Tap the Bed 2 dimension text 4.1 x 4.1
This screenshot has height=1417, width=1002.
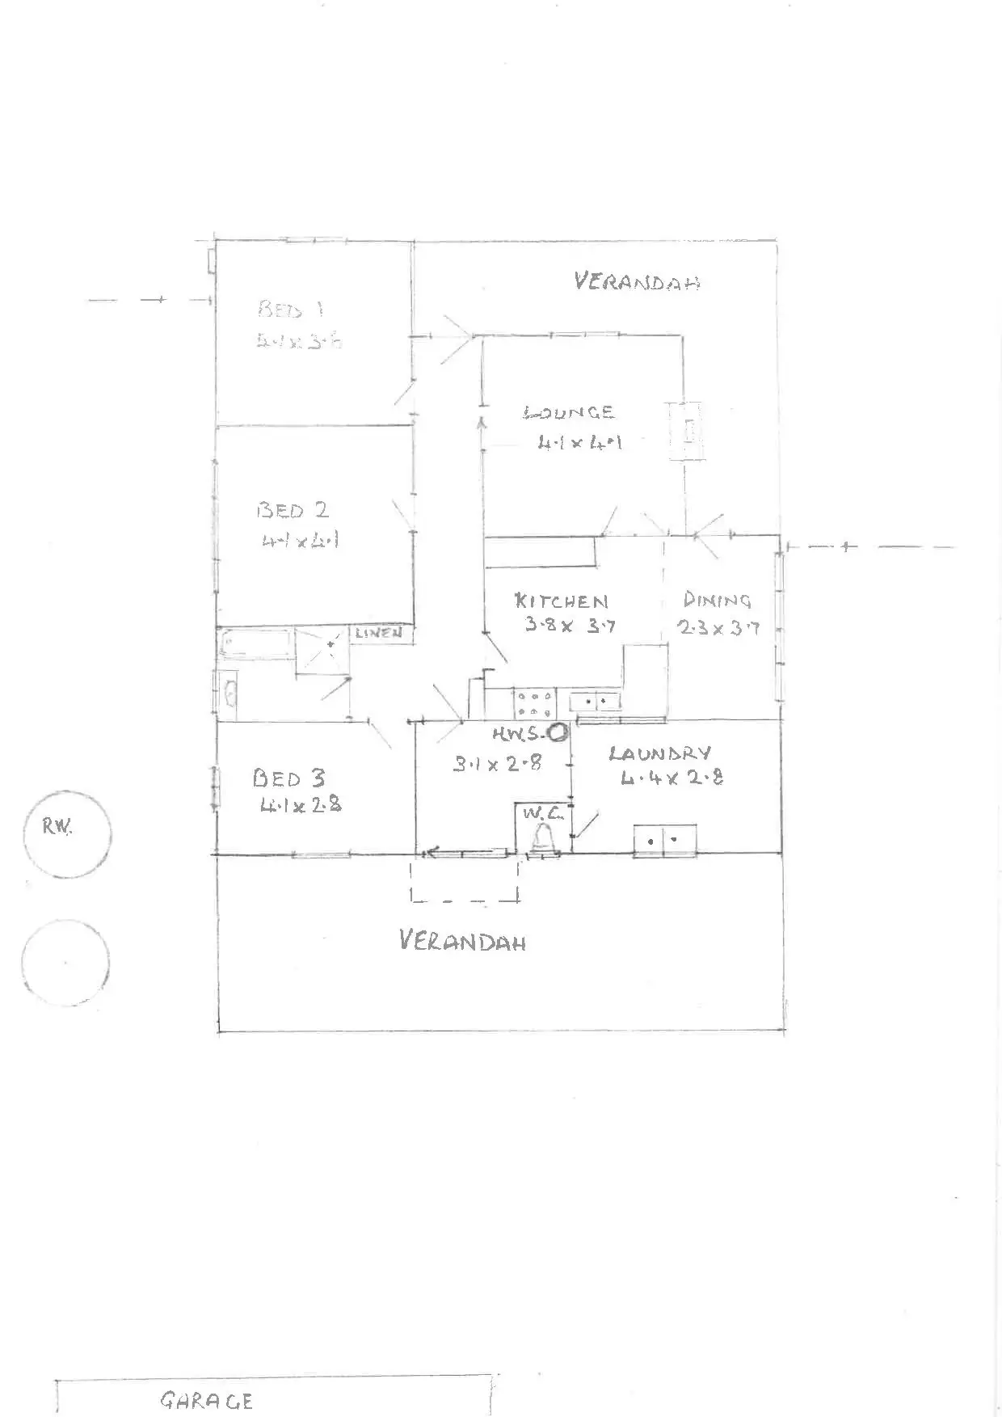[299, 540]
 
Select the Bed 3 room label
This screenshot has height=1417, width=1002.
[288, 778]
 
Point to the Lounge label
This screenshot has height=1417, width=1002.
[570, 413]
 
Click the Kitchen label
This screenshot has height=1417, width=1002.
[561, 601]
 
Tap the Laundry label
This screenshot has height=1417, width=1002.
[660, 753]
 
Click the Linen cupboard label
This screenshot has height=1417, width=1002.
[378, 633]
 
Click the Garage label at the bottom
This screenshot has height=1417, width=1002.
[207, 1401]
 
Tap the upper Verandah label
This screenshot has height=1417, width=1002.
[637, 281]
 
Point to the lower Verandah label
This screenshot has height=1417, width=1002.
[463, 941]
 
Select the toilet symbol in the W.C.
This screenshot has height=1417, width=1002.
[542, 837]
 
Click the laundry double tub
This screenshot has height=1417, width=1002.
[664, 840]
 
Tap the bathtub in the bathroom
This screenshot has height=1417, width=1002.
[257, 644]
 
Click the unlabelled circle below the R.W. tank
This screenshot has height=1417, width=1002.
[65, 963]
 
